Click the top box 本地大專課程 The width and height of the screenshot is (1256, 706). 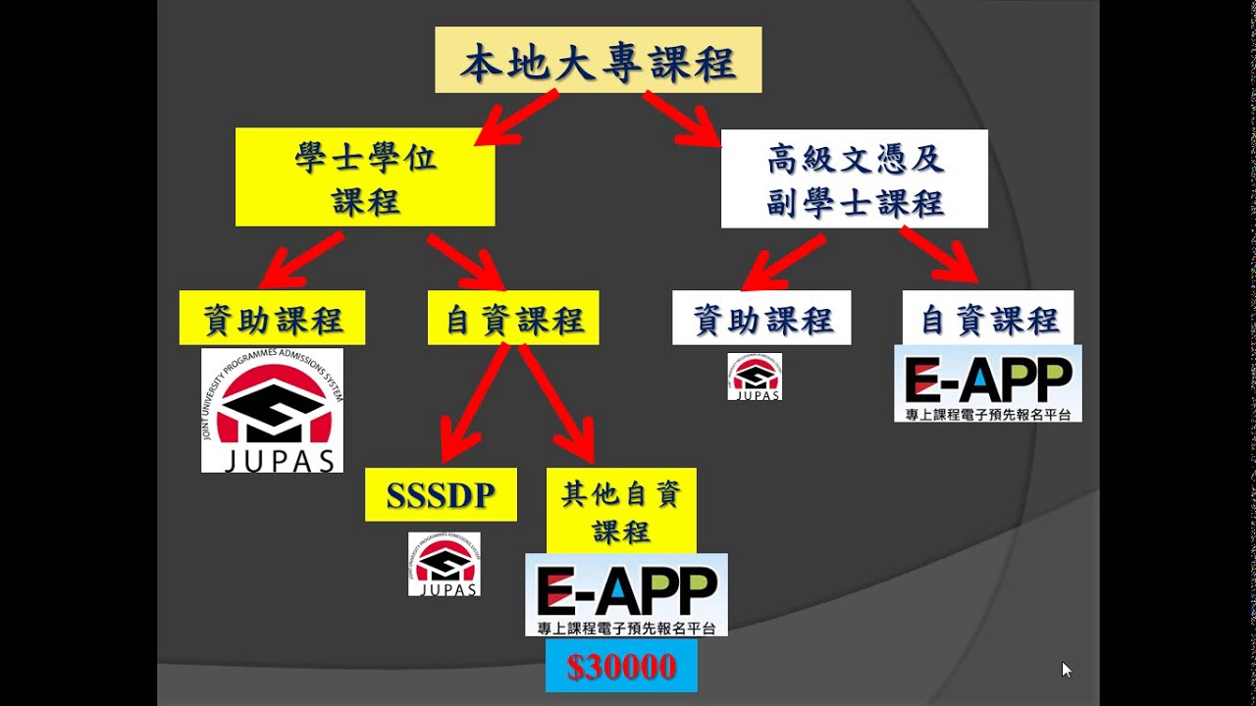(598, 61)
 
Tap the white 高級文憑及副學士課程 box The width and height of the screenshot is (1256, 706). (854, 179)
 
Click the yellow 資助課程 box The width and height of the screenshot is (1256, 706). (272, 318)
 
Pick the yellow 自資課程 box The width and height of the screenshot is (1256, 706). (513, 318)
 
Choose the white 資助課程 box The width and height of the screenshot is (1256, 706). (761, 318)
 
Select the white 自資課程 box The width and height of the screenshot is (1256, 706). (988, 318)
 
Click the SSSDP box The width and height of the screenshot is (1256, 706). (441, 495)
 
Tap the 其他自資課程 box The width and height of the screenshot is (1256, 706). (621, 511)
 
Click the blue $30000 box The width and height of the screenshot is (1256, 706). (621, 667)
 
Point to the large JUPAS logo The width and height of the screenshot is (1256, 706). (272, 411)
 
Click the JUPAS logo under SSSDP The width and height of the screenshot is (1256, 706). (445, 564)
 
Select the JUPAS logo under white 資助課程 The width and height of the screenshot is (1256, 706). (755, 377)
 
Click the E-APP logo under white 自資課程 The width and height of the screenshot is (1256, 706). (988, 383)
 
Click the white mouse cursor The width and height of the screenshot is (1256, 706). (1067, 670)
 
